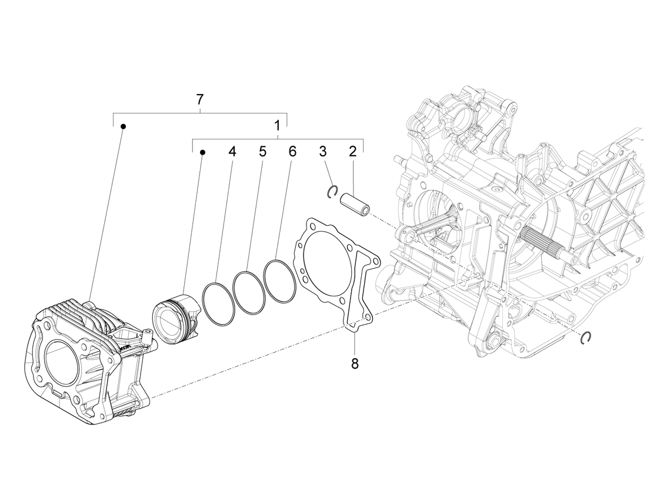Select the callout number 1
point(276,125)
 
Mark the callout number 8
point(355,363)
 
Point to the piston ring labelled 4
point(218,303)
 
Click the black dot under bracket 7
point(123,126)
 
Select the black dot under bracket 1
point(202,152)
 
